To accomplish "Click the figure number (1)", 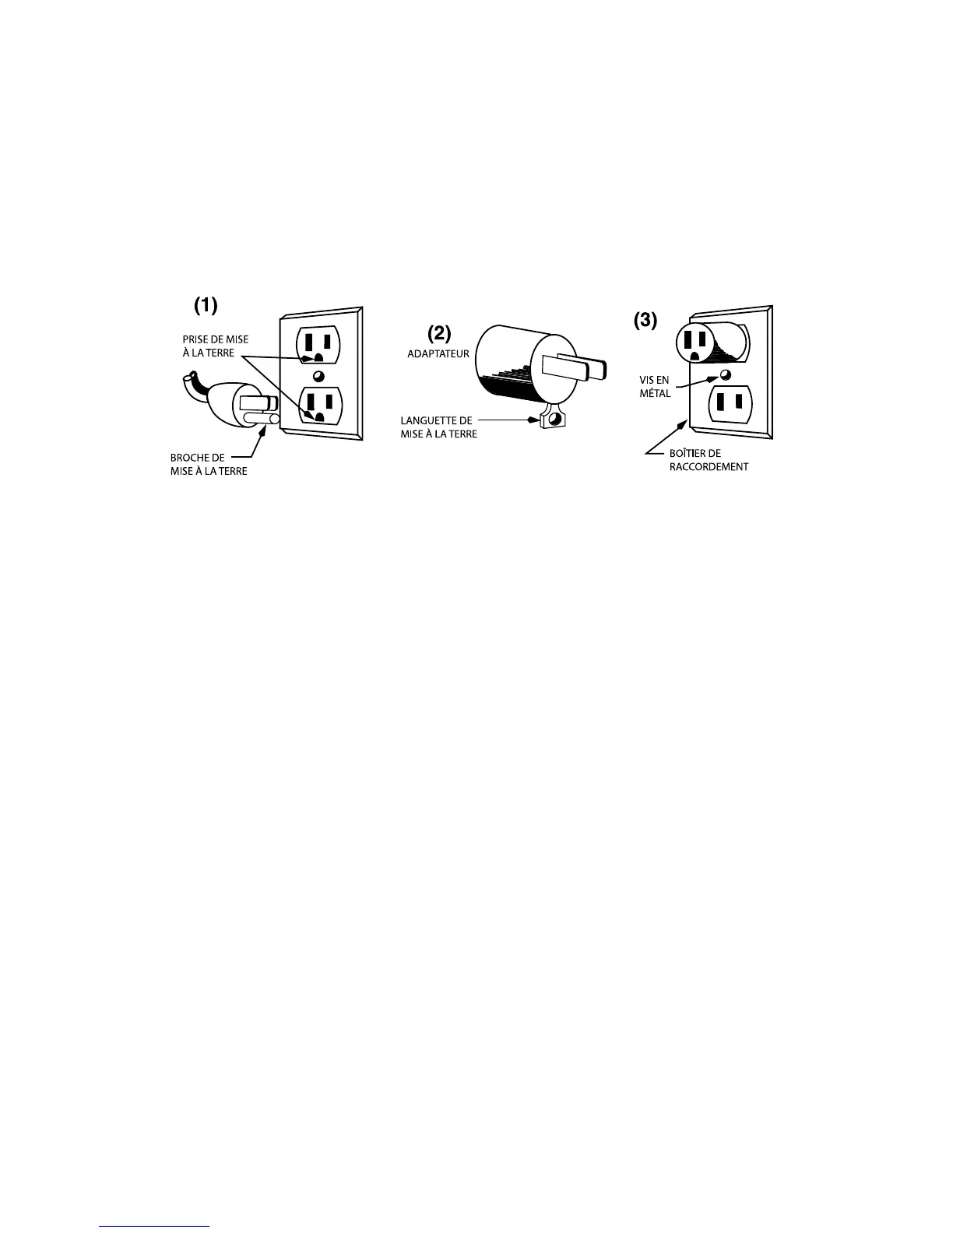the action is pos(206,306).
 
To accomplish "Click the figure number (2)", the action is pos(439,333).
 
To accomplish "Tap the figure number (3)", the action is pos(645,319).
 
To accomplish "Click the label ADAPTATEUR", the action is pos(438,353).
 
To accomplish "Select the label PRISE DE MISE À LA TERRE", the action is pos(216,346).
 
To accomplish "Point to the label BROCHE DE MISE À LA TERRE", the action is pos(209,465).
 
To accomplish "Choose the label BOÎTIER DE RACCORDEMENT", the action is pos(709,460).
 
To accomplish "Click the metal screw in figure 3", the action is pos(725,374).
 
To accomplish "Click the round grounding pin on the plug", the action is pos(261,419).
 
